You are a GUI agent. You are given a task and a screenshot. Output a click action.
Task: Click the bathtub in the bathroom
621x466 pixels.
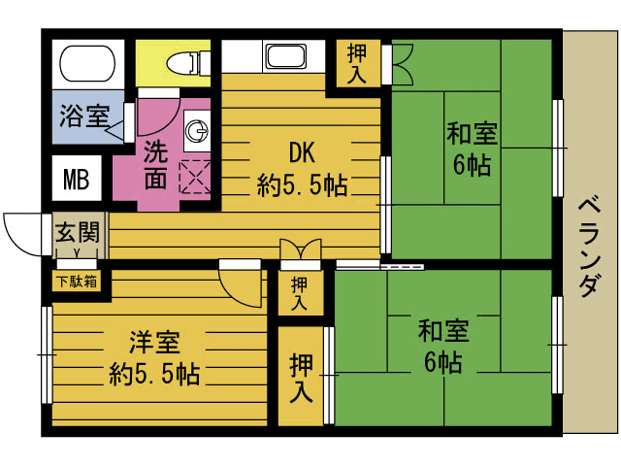pyautogui.click(x=87, y=63)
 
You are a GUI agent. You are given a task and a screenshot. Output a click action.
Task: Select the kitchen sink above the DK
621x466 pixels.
pyautogui.click(x=286, y=56)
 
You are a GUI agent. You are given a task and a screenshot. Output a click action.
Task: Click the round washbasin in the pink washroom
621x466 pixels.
pyautogui.click(x=197, y=131)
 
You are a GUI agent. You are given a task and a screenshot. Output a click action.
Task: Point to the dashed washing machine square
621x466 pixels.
pyautogui.click(x=195, y=177)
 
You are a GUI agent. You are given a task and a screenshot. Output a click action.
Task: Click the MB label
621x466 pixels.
pyautogui.click(x=76, y=180)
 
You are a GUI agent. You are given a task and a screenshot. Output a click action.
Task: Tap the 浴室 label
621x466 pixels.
pyautogui.click(x=84, y=116)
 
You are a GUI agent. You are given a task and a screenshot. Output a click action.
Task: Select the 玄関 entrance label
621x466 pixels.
pyautogui.click(x=78, y=233)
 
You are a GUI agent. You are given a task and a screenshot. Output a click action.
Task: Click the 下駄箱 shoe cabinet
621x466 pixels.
pyautogui.click(x=77, y=282)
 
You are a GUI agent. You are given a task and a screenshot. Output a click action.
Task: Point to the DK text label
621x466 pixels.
pyautogui.click(x=302, y=152)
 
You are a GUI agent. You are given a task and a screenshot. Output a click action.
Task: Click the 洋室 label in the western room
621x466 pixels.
pyautogui.click(x=154, y=343)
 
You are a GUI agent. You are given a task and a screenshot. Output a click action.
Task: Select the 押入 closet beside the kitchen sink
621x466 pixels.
pyautogui.click(x=357, y=63)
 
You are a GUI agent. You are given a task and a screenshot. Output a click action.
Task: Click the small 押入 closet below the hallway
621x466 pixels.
pyautogui.click(x=300, y=293)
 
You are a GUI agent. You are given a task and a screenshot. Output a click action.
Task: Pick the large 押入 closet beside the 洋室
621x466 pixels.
pyautogui.click(x=301, y=377)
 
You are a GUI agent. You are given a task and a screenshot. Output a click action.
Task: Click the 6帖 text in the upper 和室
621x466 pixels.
pyautogui.click(x=473, y=164)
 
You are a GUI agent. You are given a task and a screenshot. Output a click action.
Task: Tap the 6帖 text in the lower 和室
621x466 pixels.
pyautogui.click(x=443, y=362)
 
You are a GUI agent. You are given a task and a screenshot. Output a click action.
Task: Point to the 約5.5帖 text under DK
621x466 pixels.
pyautogui.click(x=303, y=184)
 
